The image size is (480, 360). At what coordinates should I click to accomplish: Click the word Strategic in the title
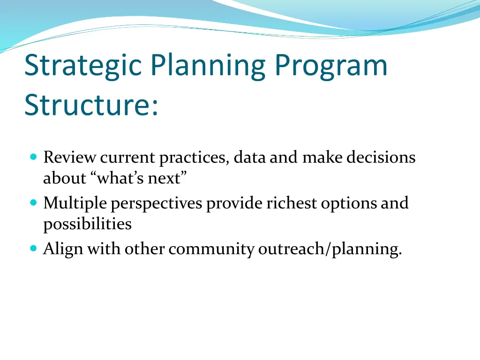pyautogui.click(x=83, y=66)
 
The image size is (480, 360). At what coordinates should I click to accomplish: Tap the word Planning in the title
pyautogui.click(x=208, y=66)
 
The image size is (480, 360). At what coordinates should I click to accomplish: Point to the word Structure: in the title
pyautogui.click(x=91, y=105)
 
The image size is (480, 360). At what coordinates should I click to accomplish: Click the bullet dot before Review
pyautogui.click(x=34, y=157)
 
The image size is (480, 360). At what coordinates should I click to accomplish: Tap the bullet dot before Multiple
pyautogui.click(x=34, y=202)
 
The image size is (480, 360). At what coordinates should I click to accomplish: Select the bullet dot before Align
pyautogui.click(x=34, y=248)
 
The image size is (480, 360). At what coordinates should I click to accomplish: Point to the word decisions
pyautogui.click(x=381, y=157)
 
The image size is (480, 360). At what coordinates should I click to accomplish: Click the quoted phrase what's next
pyautogui.click(x=139, y=178)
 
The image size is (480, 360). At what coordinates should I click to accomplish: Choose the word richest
pyautogui.click(x=292, y=202)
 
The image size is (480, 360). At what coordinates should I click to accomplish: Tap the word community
pyautogui.click(x=211, y=249)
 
